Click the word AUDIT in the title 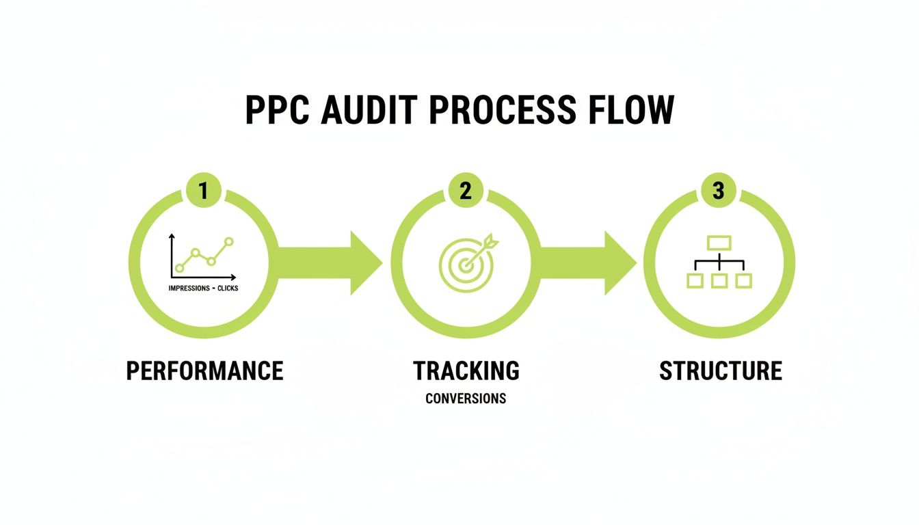[366, 111]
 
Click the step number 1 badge [203, 191]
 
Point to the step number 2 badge [465, 191]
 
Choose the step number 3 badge [718, 191]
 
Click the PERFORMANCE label [204, 371]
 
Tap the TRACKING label [466, 371]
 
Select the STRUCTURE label [720, 371]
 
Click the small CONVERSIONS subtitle [466, 399]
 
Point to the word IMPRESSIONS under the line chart [189, 288]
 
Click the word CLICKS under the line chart [228, 288]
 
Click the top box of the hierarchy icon [719, 243]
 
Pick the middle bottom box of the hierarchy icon [719, 280]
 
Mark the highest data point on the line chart [228, 241]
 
